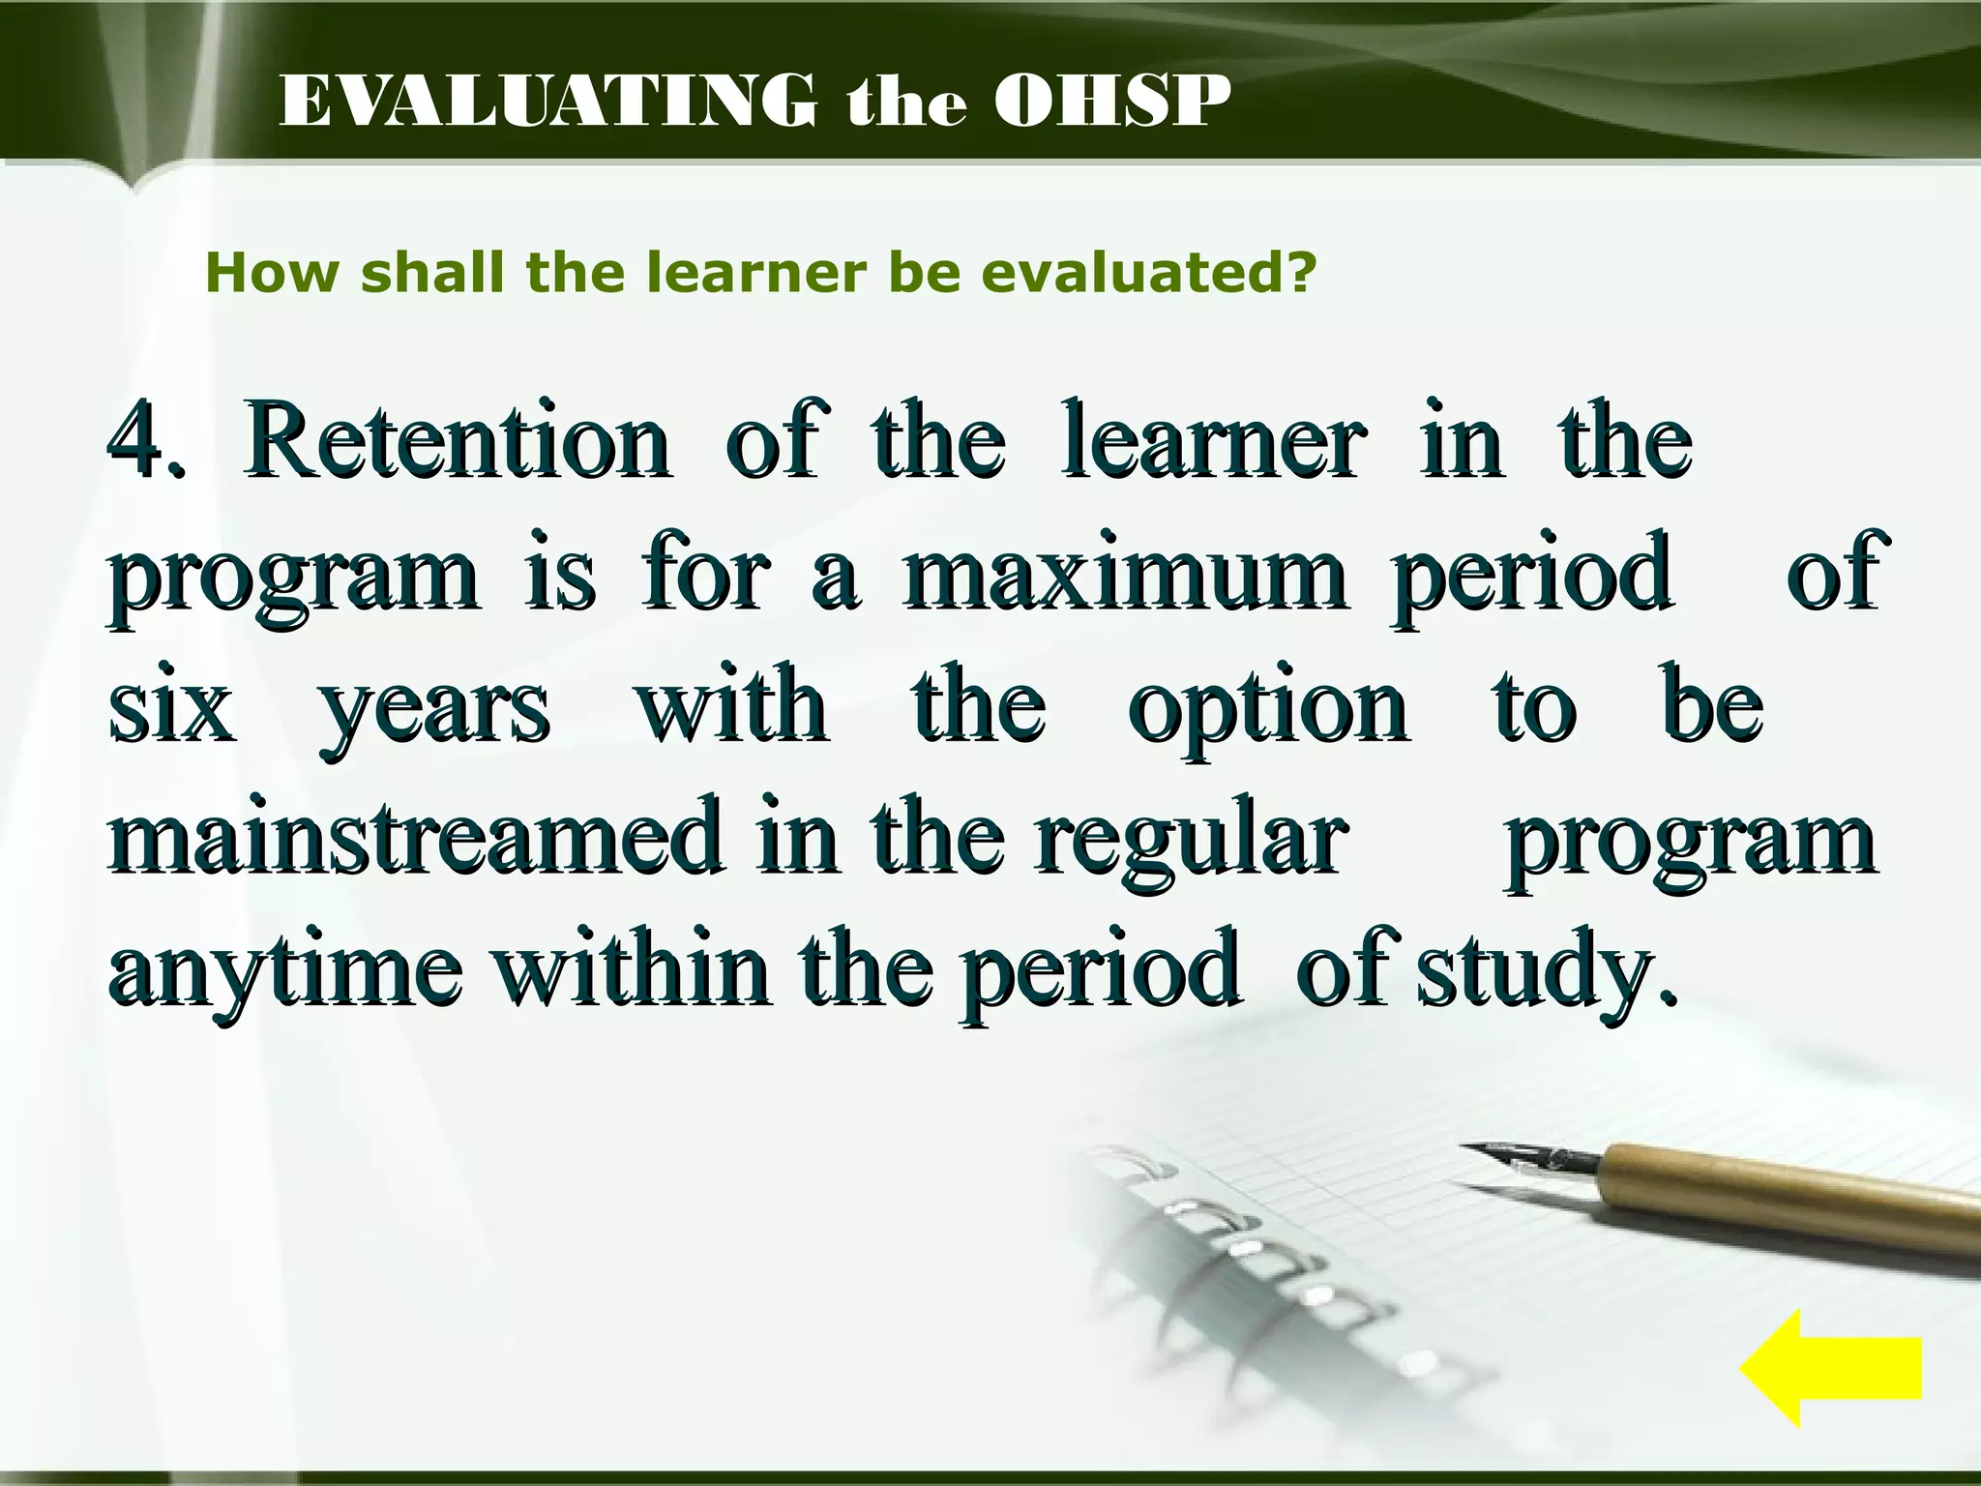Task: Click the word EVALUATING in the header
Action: [x=547, y=102]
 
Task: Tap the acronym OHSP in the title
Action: [x=1112, y=102]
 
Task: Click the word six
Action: [x=172, y=706]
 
